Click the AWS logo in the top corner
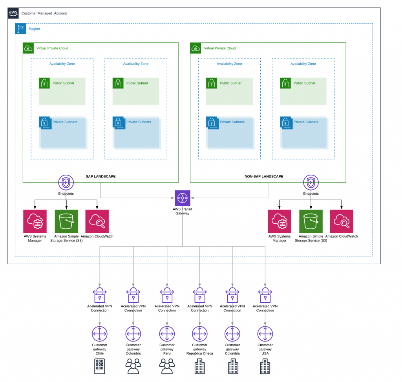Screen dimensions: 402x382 (x=13, y=13)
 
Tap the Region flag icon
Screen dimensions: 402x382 (x=20, y=29)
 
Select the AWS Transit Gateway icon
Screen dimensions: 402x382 (x=182, y=198)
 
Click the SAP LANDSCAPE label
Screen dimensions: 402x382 (x=100, y=176)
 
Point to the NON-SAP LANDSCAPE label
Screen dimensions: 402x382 (x=264, y=176)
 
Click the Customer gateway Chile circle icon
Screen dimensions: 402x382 (x=100, y=334)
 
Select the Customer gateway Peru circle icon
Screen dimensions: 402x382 (x=167, y=334)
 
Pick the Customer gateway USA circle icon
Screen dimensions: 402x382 (x=265, y=334)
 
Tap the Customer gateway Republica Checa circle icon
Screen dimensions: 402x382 (x=200, y=334)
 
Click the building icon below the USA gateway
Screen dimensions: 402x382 (x=265, y=366)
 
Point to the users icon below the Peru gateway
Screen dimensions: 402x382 (x=167, y=366)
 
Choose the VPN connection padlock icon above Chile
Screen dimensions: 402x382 (x=100, y=295)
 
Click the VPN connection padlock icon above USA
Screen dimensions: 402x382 (x=265, y=295)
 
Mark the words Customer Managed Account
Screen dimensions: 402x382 (x=44, y=13)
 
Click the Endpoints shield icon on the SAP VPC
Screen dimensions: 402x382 (x=66, y=183)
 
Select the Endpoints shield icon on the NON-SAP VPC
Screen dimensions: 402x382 (x=311, y=183)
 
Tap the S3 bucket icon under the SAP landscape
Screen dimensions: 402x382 (x=66, y=221)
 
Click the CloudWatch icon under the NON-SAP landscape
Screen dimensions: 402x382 (x=342, y=221)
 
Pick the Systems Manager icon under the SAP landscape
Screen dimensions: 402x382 (x=35, y=221)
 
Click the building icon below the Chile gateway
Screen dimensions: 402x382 (x=100, y=366)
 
